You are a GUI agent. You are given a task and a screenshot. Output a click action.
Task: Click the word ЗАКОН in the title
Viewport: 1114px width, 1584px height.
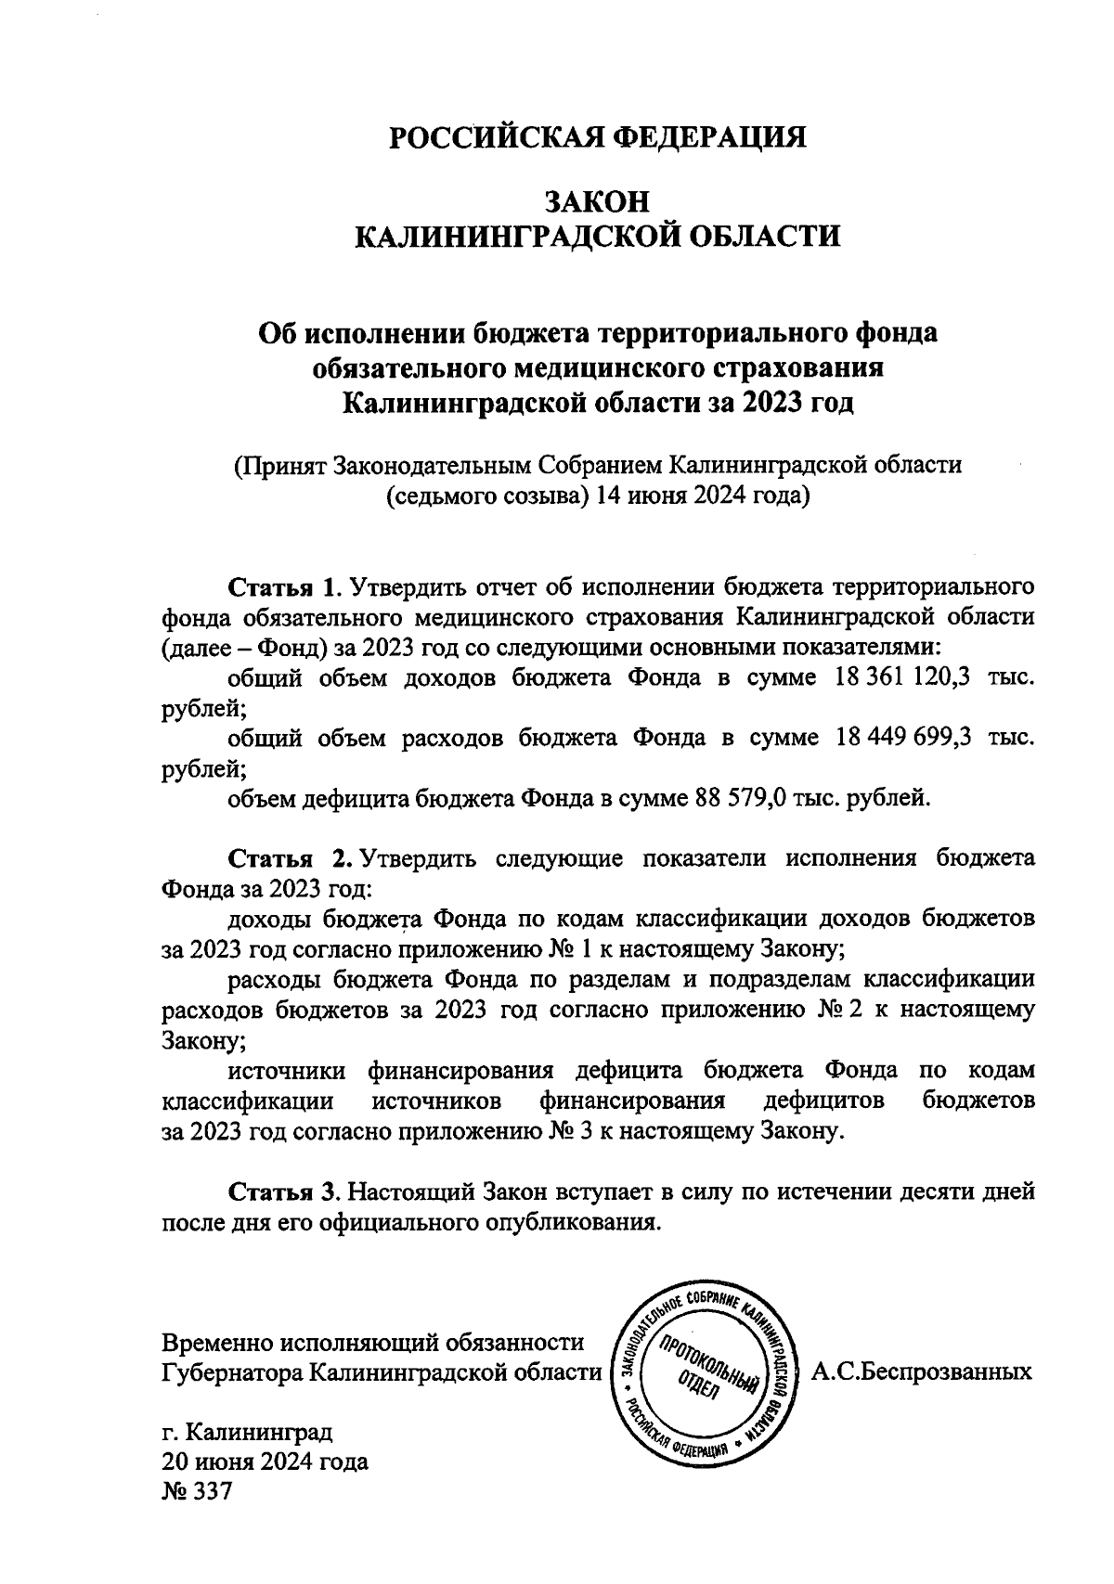(597, 200)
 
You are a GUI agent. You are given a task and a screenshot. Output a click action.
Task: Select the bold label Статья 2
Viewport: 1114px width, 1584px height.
(288, 857)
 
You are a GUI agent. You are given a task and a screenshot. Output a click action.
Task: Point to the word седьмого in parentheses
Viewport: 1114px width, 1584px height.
(437, 496)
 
